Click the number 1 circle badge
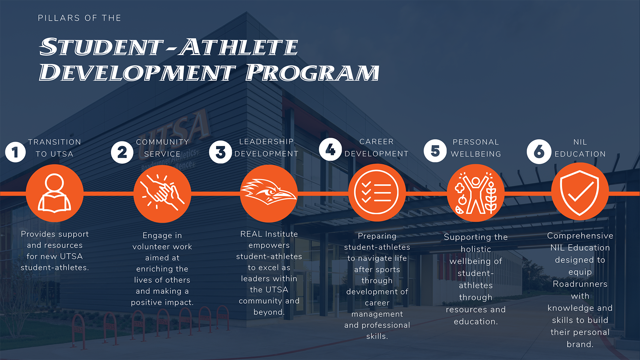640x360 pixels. click(15, 152)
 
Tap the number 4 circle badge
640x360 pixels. click(330, 150)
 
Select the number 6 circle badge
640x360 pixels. click(539, 152)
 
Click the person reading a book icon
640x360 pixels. click(55, 193)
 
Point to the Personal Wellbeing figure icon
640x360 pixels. click(476, 193)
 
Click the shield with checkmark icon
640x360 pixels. click(580, 192)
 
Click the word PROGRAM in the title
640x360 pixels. click(312, 72)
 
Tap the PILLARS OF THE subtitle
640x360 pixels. click(79, 18)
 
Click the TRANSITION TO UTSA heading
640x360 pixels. click(55, 148)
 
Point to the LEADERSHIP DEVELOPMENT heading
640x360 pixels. click(266, 148)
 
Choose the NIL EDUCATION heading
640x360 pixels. click(580, 148)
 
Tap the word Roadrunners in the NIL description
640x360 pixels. click(580, 284)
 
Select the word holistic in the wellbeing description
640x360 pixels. click(476, 249)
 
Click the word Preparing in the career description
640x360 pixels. click(377, 236)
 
